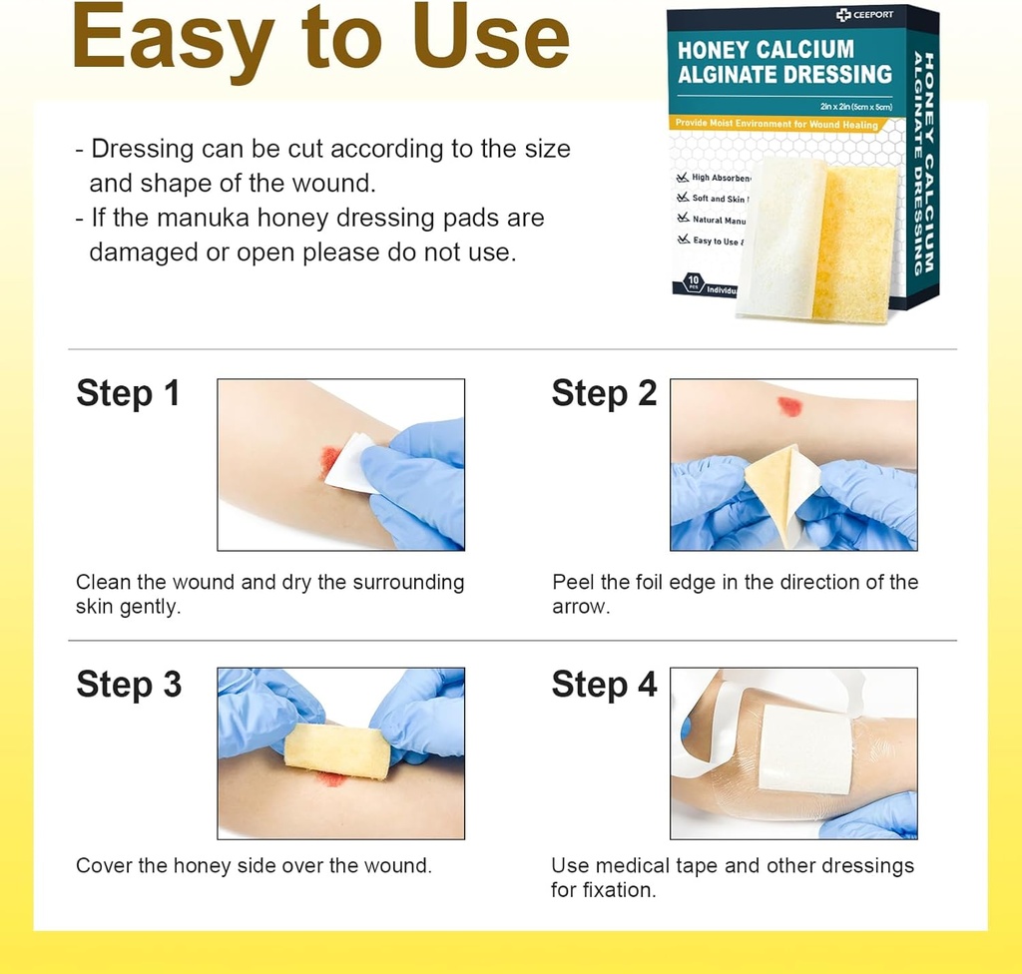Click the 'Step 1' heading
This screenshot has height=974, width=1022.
(x=128, y=393)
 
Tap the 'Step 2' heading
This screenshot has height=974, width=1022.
(x=604, y=393)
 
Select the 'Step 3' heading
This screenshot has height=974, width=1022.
(x=129, y=685)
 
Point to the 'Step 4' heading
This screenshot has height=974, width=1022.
(x=604, y=685)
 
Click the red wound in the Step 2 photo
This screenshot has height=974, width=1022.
(x=789, y=406)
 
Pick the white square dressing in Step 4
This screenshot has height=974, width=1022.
(x=805, y=748)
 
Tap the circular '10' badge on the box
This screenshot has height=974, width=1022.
(x=692, y=282)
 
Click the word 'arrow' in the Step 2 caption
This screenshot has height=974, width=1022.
(x=582, y=607)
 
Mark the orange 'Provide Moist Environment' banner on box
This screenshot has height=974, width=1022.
(x=776, y=125)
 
